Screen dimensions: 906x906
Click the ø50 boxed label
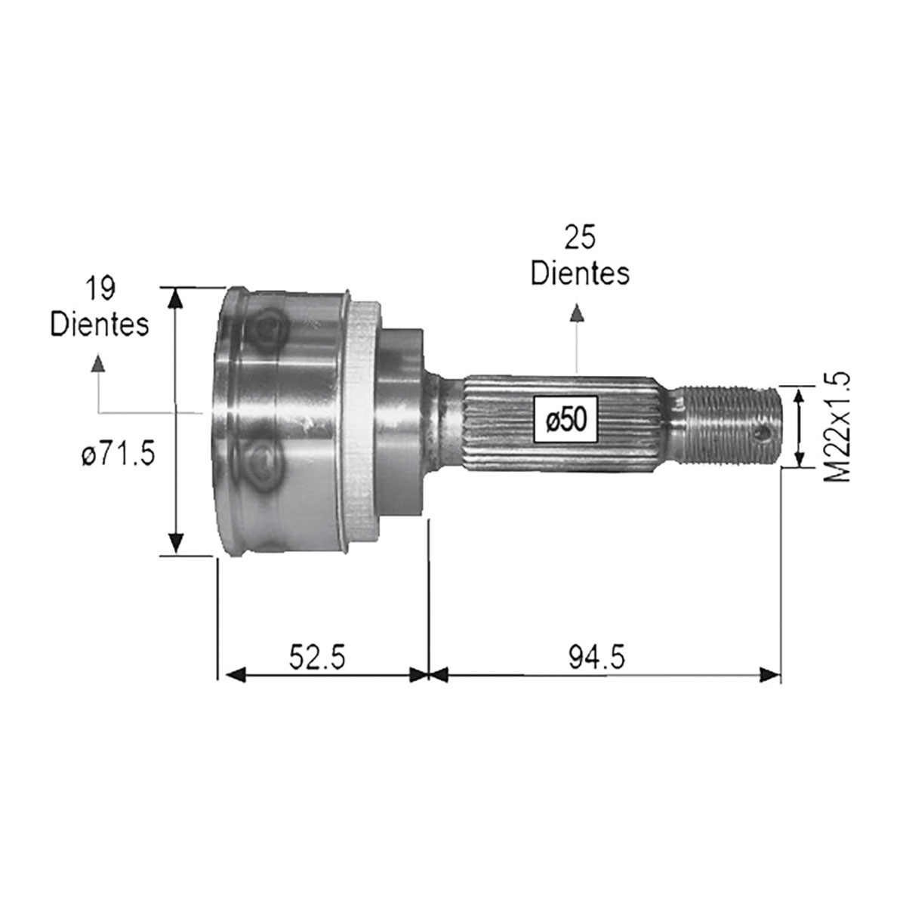[x=566, y=420]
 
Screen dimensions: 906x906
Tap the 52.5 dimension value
[x=317, y=658]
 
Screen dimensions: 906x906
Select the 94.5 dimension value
[x=597, y=658]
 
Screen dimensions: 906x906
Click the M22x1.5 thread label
[x=837, y=427]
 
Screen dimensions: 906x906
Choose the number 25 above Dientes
[x=580, y=237]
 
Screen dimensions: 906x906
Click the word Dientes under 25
[x=580, y=273]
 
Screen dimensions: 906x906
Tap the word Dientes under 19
[x=100, y=325]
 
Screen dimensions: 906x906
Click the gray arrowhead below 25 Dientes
[x=577, y=313]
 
